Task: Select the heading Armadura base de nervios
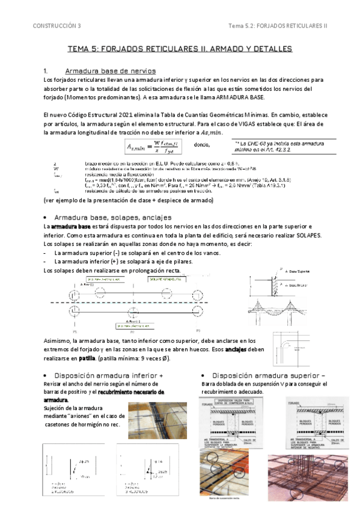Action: (111, 71)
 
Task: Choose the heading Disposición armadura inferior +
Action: (108, 375)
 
